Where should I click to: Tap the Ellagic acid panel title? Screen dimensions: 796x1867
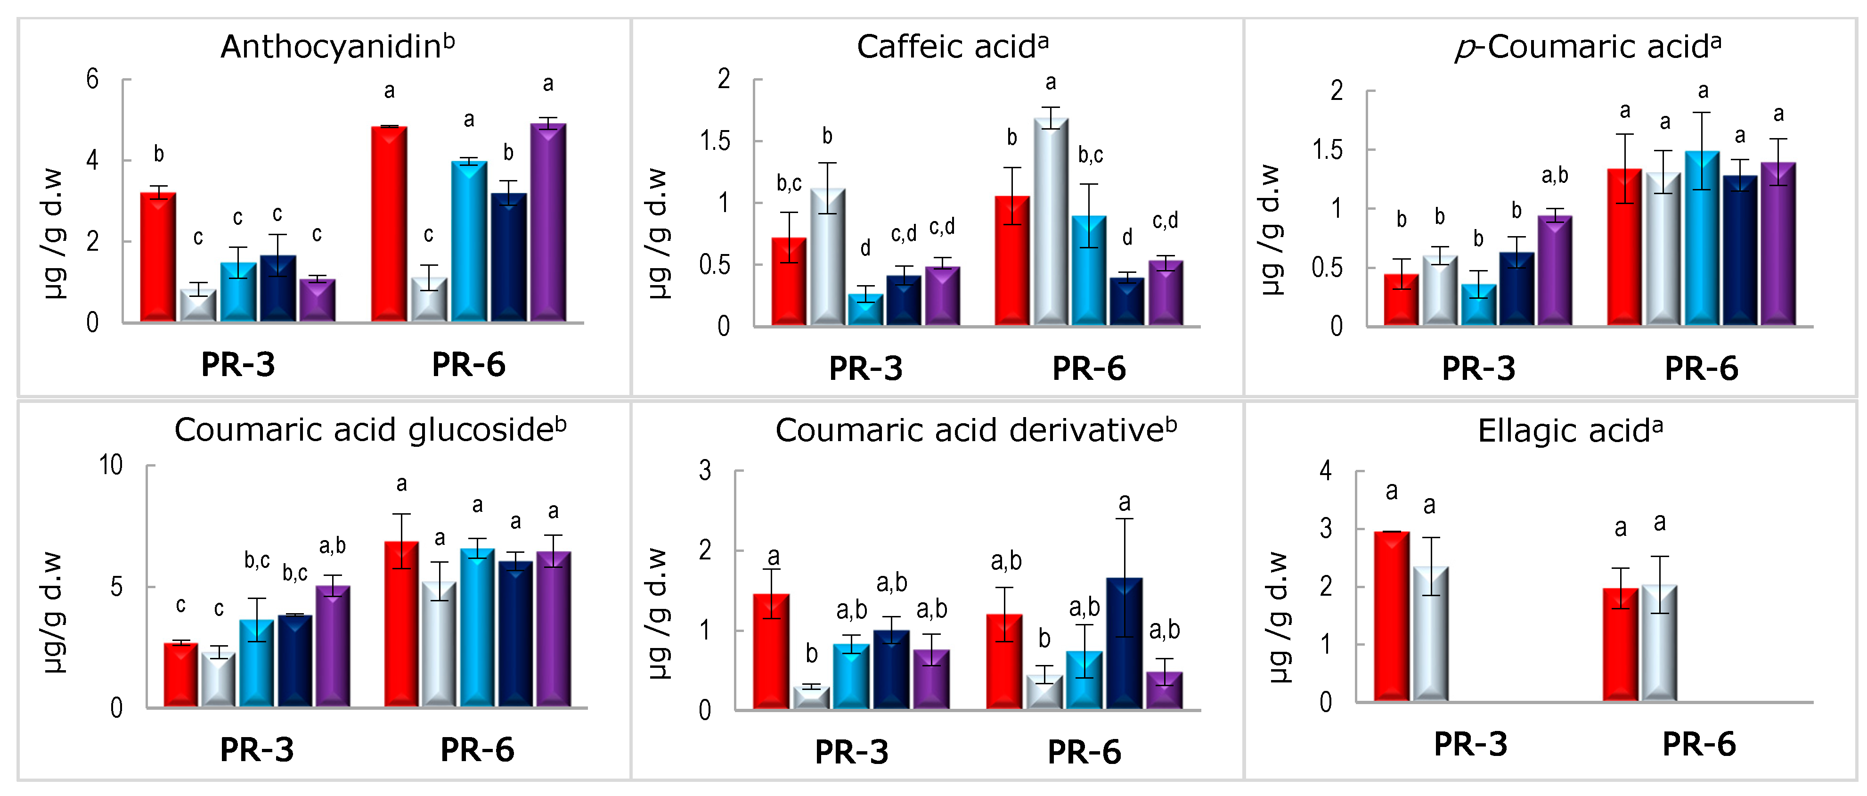click(1569, 431)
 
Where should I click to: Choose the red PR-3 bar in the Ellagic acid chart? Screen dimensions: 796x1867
click(1392, 616)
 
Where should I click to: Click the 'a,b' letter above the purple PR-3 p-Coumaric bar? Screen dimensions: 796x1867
click(1555, 175)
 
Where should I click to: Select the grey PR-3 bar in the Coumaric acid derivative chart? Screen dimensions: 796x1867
click(811, 698)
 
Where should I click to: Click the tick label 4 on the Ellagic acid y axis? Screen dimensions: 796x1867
click(1326, 471)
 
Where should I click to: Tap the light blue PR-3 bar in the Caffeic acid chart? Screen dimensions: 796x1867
click(865, 310)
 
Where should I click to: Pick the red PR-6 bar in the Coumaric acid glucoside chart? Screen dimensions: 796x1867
click(401, 624)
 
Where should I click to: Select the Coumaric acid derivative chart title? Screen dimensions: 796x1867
click(976, 431)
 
